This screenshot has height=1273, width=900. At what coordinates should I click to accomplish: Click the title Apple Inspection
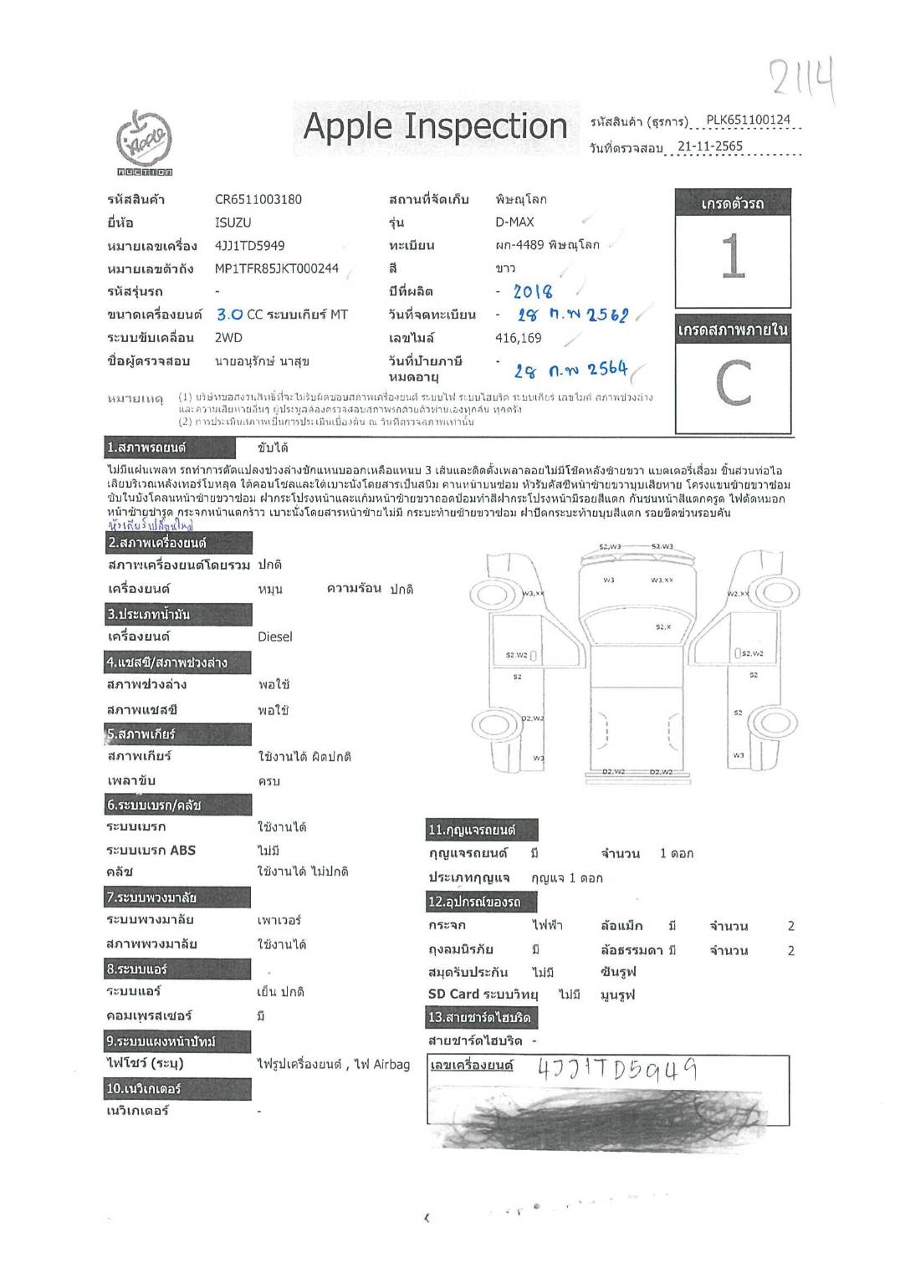click(435, 126)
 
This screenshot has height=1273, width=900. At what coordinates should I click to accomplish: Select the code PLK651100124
click(748, 120)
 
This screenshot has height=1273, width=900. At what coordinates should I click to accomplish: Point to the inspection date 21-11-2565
click(709, 146)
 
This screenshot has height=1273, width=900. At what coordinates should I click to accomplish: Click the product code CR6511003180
click(258, 199)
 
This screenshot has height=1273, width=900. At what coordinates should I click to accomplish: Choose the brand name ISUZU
click(233, 222)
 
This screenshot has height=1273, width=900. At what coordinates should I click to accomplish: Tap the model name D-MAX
click(514, 222)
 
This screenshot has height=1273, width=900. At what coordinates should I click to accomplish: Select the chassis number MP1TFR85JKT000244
click(276, 268)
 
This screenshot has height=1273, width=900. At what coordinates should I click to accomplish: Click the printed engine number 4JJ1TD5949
click(249, 246)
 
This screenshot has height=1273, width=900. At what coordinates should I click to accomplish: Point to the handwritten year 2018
click(532, 292)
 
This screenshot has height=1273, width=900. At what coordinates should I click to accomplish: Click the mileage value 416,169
click(518, 339)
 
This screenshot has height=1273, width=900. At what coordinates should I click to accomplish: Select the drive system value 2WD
click(228, 338)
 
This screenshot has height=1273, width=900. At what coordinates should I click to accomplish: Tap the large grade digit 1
click(732, 256)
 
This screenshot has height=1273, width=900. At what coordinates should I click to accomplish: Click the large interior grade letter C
click(733, 383)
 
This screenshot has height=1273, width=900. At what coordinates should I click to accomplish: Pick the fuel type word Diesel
click(274, 636)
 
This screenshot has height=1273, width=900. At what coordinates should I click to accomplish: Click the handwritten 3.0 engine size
click(229, 314)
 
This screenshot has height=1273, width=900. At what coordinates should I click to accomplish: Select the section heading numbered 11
click(482, 830)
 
